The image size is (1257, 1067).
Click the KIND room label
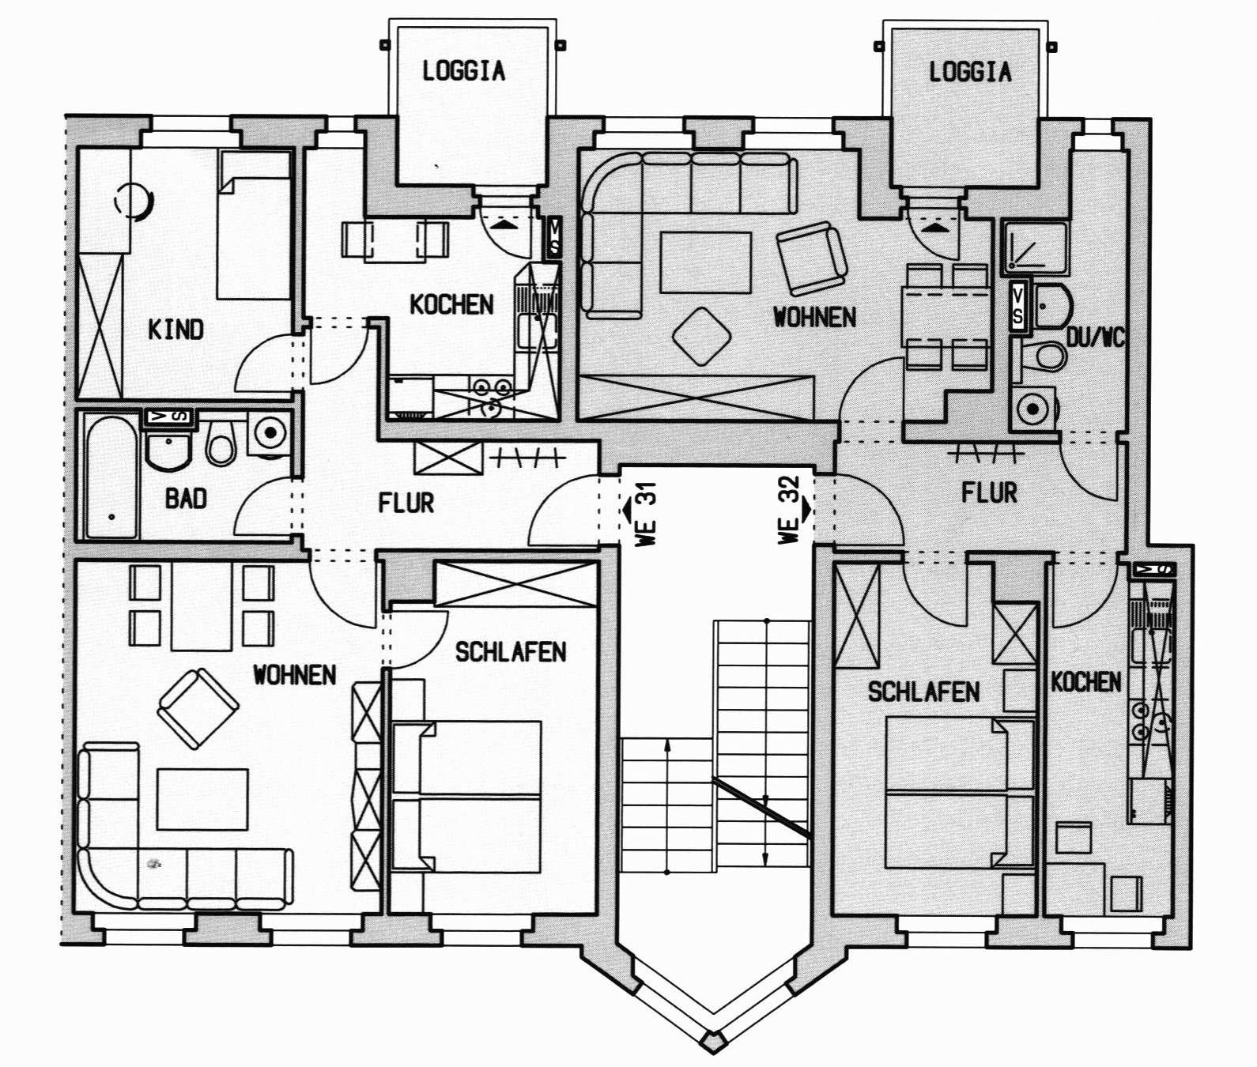point(176,329)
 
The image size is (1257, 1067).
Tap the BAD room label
point(186,498)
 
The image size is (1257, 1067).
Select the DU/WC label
point(1095,337)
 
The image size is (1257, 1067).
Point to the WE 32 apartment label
point(794,511)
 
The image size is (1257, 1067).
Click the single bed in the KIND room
point(253,225)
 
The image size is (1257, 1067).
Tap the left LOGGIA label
point(463,71)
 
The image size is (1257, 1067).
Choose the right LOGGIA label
point(969,72)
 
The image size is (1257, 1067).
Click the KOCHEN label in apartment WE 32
point(1085,682)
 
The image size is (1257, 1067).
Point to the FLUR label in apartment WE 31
point(406,502)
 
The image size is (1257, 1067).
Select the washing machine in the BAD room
point(270,434)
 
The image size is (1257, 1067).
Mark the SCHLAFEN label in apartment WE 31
point(511,651)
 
